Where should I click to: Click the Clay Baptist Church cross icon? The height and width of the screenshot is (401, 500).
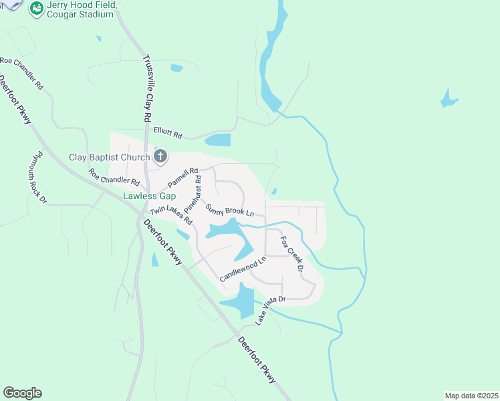pyautogui.click(x=160, y=157)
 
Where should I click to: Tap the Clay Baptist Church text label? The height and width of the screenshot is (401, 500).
pyautogui.click(x=110, y=158)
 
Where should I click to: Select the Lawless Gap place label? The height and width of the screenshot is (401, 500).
pyautogui.click(x=148, y=196)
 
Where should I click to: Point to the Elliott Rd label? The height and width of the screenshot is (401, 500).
pyautogui.click(x=168, y=134)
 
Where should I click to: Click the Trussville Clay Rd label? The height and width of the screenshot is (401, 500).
pyautogui.click(x=147, y=88)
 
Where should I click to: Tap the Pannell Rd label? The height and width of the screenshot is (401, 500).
pyautogui.click(x=183, y=177)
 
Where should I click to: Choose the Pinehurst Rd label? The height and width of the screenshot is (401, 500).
pyautogui.click(x=198, y=190)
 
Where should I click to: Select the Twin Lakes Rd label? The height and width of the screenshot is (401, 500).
pyautogui.click(x=171, y=215)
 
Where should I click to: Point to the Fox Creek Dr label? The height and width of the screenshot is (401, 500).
pyautogui.click(x=292, y=254)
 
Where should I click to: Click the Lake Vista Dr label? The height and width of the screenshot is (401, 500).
pyautogui.click(x=271, y=310)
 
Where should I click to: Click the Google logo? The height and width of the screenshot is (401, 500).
pyautogui.click(x=22, y=393)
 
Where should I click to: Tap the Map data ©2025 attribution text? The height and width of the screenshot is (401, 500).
pyautogui.click(x=471, y=396)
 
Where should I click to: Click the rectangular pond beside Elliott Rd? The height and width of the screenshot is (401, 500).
pyautogui.click(x=217, y=140)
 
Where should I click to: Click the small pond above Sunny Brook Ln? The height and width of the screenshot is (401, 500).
pyautogui.click(x=274, y=192)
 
